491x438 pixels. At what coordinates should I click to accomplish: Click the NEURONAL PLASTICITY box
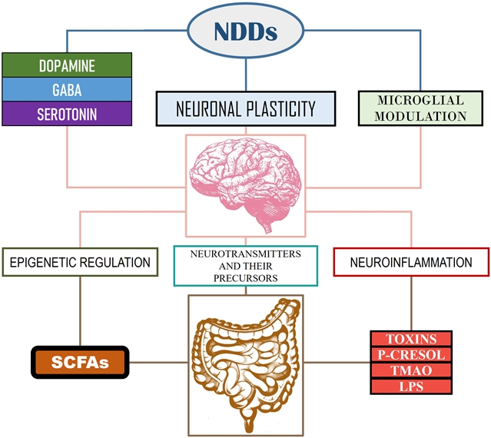pos(246,108)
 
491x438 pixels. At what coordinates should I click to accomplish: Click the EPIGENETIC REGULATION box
pos(80,263)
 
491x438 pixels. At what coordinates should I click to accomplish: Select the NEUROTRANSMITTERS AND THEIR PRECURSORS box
pos(246,264)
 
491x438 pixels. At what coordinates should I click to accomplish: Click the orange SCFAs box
pos(80,361)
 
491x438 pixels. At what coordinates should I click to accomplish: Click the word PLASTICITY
pos(280,108)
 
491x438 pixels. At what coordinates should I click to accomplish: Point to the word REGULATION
pos(114,263)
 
